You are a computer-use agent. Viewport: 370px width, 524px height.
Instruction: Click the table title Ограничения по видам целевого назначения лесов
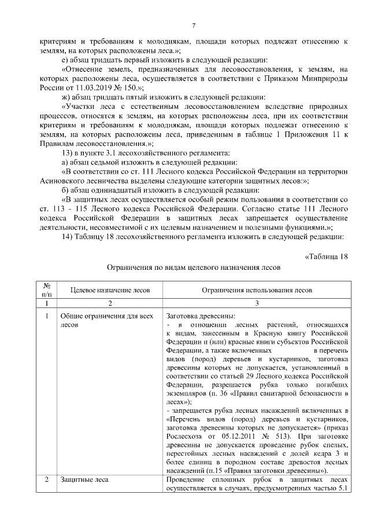coord(194,268)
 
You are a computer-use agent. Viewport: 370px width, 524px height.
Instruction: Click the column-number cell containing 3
coord(257,303)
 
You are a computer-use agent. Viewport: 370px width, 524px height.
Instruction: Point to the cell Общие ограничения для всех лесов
coord(106,321)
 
